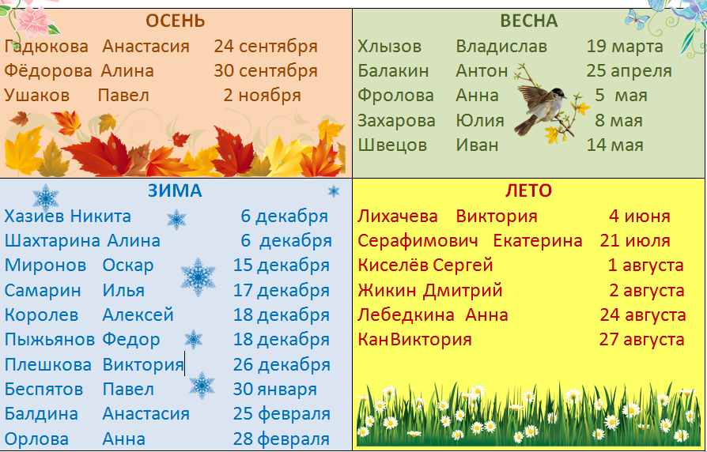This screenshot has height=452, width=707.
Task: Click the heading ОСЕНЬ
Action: pos(176,21)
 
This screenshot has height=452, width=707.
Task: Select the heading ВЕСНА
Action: pos(529,21)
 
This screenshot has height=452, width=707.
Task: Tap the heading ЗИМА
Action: pos(175,191)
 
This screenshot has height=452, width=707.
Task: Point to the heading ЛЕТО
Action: pos(528,191)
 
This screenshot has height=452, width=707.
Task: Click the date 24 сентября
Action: pos(266,47)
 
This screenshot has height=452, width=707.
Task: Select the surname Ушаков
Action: pos(37,96)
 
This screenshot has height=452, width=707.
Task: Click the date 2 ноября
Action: pos(262,96)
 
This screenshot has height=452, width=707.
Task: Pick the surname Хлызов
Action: pos(390,47)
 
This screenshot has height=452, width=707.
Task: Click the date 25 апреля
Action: pos(629,71)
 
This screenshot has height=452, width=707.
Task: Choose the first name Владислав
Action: pos(501,47)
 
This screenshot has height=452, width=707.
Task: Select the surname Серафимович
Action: pos(418,241)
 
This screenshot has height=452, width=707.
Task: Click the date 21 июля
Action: pos(635,241)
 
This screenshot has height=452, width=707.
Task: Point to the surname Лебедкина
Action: pos(406,315)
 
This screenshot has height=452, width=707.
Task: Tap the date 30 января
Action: pos(275,390)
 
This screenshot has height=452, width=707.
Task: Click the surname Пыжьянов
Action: pos(50,340)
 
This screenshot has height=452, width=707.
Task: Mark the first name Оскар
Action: pos(128,266)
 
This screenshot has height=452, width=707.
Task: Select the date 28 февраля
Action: pos(282,439)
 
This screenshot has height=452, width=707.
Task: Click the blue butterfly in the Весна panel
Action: pos(637,19)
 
